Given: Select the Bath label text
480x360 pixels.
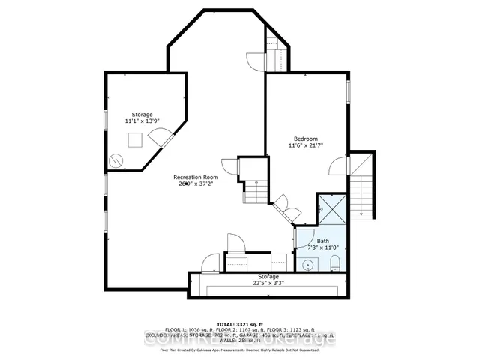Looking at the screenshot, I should (323, 241).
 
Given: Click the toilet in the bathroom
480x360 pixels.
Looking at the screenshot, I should (334, 262).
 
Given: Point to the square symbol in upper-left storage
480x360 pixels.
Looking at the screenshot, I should (136, 139).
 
